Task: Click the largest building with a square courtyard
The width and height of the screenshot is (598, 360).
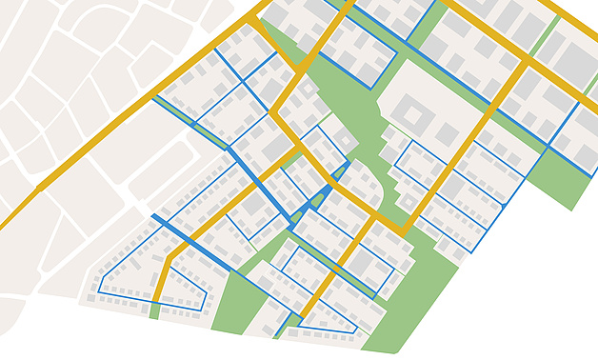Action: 416,117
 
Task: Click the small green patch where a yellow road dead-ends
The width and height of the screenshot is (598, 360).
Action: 153,311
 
